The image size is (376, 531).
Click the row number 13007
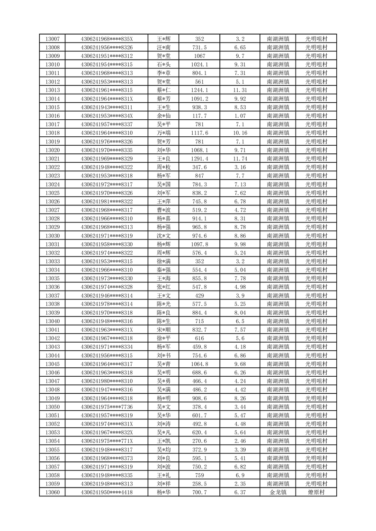(53, 39)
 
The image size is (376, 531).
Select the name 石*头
(164, 64)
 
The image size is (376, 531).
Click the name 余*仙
(164, 116)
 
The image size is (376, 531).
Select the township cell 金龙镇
(278, 493)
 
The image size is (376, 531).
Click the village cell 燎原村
(316, 493)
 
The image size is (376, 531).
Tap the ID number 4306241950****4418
(107, 493)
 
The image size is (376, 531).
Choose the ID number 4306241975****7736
(107, 407)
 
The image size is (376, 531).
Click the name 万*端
(164, 133)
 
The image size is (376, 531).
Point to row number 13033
(53, 261)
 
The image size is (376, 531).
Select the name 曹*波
(164, 210)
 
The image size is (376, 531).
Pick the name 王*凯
(164, 441)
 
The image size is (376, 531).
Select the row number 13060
(53, 493)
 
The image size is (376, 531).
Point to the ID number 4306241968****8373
(107, 458)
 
